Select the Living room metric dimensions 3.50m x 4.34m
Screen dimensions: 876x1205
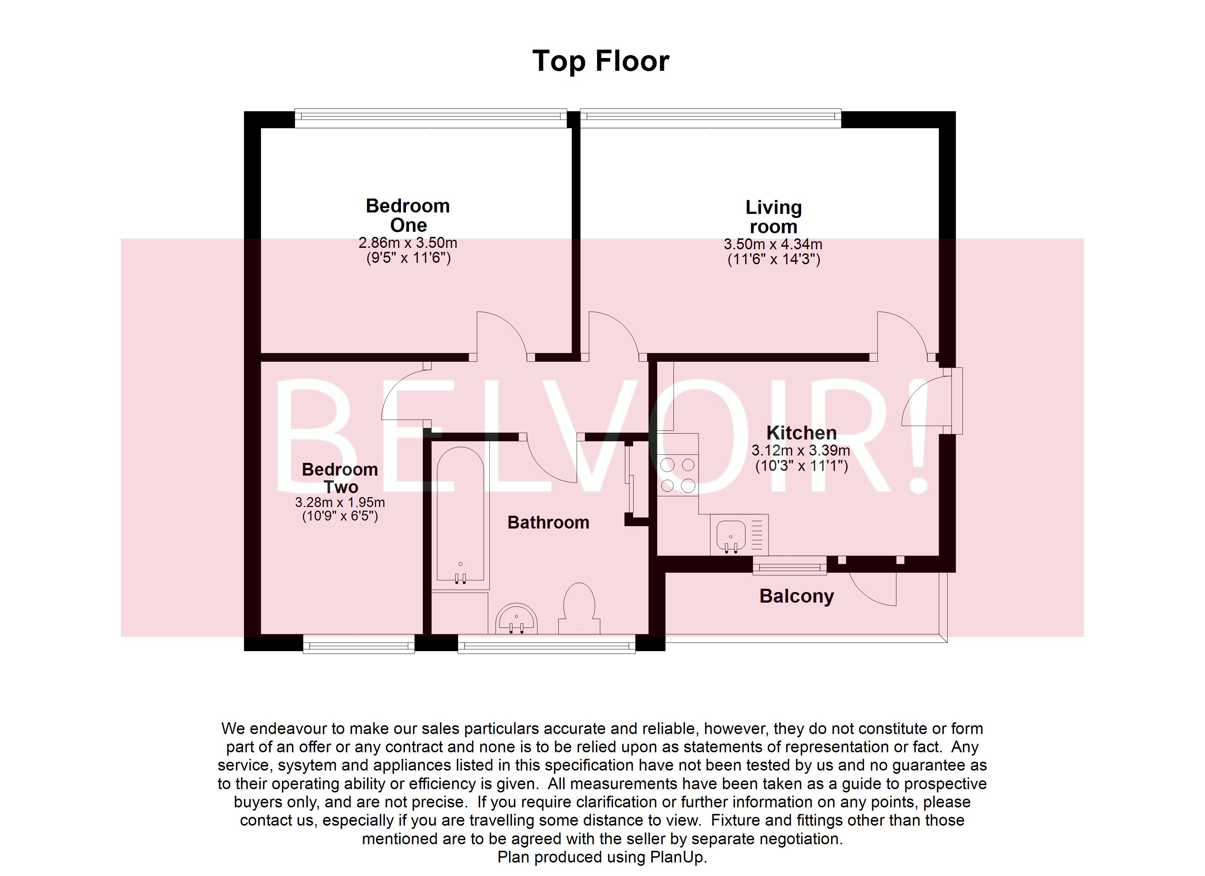click(x=773, y=244)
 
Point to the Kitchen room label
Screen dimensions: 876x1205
click(x=801, y=433)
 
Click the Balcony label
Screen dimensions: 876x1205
click(x=796, y=596)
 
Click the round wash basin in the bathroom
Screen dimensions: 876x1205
click(x=516, y=619)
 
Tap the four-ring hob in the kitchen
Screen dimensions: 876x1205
click(x=677, y=475)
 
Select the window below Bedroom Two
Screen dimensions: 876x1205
click(x=359, y=645)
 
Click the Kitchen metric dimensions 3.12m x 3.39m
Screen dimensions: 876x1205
click(x=800, y=450)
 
